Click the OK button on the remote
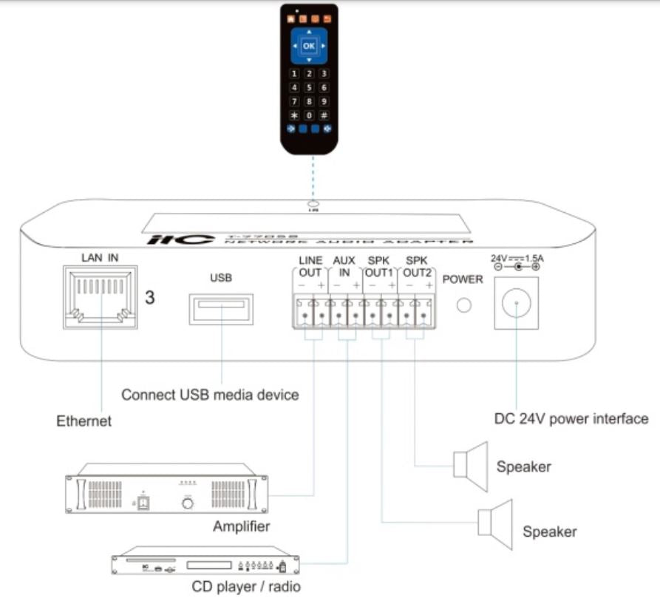point(309,46)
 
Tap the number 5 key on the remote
point(309,87)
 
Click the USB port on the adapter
point(222,309)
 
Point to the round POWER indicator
point(464,305)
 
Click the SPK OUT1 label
point(379,267)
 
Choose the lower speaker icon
point(496,523)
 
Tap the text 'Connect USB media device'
point(210,395)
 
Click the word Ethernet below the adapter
point(84,421)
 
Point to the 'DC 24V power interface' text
point(571,419)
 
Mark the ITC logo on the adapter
point(181,239)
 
